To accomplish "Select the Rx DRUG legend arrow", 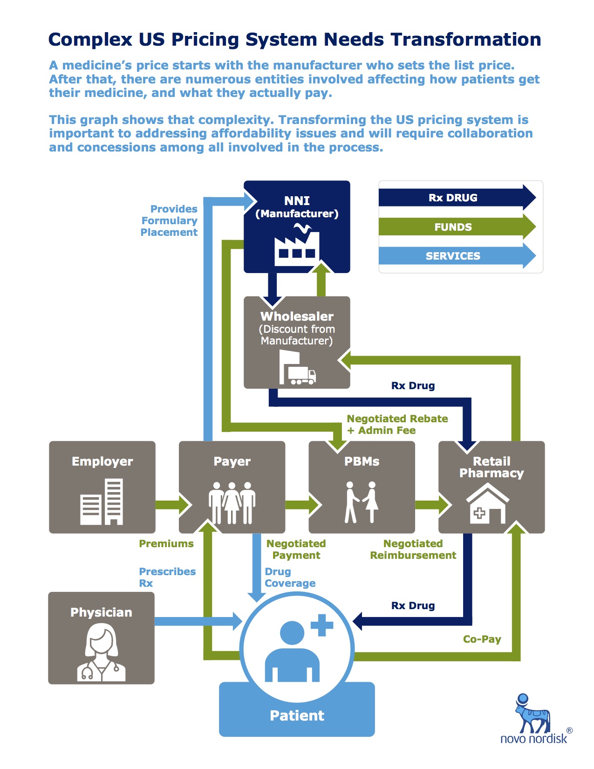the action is (457, 198).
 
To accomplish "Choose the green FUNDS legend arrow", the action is (457, 227).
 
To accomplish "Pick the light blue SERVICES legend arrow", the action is (457, 256).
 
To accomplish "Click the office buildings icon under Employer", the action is (102, 501).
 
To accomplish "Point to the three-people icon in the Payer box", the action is (232, 502).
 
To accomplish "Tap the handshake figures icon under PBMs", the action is (362, 502).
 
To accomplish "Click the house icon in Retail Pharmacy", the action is (487, 504).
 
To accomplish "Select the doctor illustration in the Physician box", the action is (101, 652).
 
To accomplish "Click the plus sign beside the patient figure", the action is (321, 625).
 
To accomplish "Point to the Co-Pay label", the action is (482, 639).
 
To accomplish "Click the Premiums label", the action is (166, 543).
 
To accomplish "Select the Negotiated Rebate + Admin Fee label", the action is (397, 424).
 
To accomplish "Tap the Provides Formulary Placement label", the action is (169, 220).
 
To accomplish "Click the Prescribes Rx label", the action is (167, 577).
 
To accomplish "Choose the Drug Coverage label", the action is (290, 577).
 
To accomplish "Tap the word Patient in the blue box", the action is (297, 715).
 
